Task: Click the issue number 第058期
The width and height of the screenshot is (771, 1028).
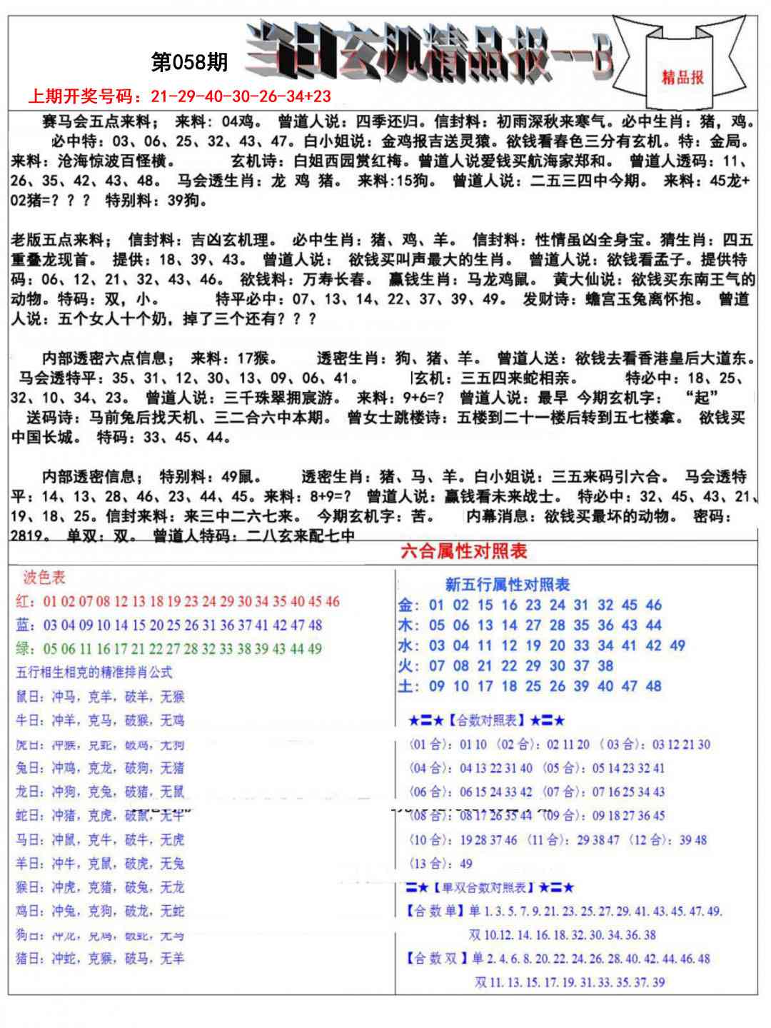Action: pyautogui.click(x=189, y=63)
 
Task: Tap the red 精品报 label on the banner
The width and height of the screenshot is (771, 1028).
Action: pyautogui.click(x=682, y=77)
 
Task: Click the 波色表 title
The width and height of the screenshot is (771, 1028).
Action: pyautogui.click(x=44, y=578)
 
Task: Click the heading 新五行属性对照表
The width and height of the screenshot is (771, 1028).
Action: pyautogui.click(x=507, y=585)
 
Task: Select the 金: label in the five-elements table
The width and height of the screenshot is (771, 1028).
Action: pyautogui.click(x=409, y=605)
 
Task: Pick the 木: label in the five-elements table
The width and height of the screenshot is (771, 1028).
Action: pyautogui.click(x=409, y=625)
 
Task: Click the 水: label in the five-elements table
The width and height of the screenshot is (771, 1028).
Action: pyautogui.click(x=409, y=646)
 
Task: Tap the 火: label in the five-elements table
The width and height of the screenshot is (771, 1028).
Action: pyautogui.click(x=409, y=666)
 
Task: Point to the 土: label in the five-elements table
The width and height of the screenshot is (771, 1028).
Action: pyautogui.click(x=409, y=687)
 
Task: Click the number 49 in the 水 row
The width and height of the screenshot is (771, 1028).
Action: pyautogui.click(x=677, y=646)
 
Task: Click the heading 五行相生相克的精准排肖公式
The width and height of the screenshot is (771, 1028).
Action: pyautogui.click(x=94, y=672)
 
